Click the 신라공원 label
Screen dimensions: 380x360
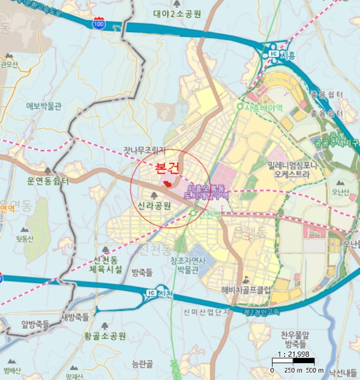click(x=154, y=205)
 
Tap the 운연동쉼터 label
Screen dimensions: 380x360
click(x=49, y=181)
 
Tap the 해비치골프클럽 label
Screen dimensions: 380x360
click(x=246, y=289)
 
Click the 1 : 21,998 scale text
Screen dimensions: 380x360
click(x=293, y=354)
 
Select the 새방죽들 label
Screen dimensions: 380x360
click(x=74, y=316)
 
